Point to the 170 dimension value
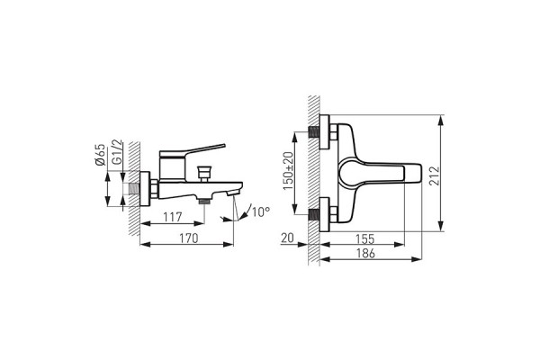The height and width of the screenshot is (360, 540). (188, 239)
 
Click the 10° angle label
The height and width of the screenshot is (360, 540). (259, 212)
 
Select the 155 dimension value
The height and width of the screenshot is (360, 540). (364, 239)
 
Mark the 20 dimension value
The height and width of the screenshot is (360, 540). (287, 239)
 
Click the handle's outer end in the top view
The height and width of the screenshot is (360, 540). (417, 172)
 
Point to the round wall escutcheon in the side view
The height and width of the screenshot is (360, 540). (153, 190)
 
